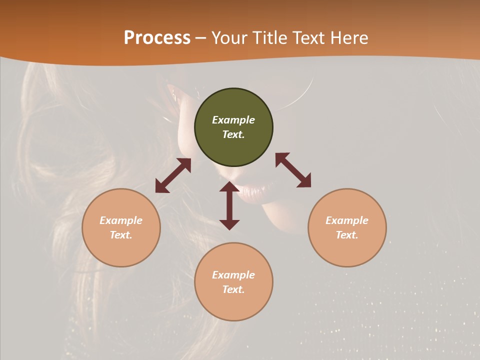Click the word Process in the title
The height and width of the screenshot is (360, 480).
(157, 38)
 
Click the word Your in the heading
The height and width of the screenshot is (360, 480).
(230, 38)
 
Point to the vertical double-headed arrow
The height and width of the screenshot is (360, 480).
(229, 205)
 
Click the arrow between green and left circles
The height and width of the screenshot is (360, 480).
(173, 175)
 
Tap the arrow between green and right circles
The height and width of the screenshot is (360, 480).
(293, 170)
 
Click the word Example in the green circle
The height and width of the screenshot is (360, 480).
(233, 120)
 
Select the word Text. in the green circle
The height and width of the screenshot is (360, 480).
(233, 134)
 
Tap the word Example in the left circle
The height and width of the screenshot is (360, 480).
(121, 220)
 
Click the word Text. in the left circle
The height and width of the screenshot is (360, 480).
(121, 235)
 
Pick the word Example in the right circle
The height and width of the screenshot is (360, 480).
(347, 220)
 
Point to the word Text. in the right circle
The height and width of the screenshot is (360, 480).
(347, 235)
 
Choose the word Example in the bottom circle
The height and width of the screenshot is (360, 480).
(233, 275)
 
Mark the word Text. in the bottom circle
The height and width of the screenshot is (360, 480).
(233, 289)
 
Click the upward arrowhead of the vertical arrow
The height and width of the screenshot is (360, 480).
(229, 186)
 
